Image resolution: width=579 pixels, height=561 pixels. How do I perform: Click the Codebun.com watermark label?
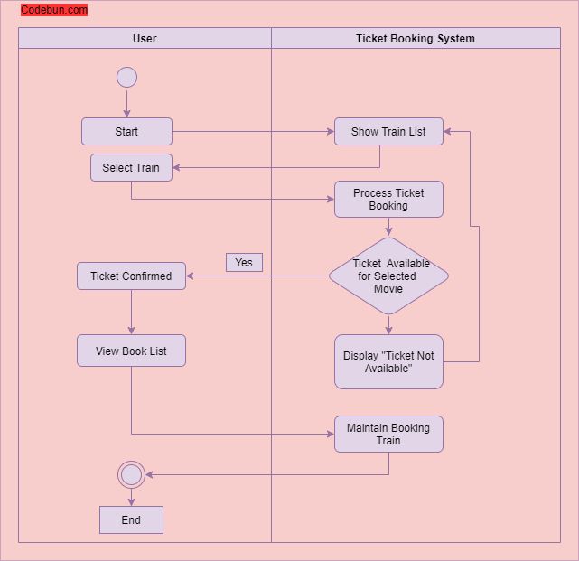point(54,10)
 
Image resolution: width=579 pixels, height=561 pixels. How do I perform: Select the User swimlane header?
point(145,38)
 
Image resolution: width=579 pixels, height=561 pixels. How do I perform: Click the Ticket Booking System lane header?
point(416,38)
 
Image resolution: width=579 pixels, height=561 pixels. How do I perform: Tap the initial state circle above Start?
point(126,77)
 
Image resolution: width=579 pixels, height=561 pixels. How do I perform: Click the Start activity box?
point(126,132)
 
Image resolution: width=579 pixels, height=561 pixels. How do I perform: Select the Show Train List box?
point(388,132)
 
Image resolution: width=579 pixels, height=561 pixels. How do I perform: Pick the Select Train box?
point(131,168)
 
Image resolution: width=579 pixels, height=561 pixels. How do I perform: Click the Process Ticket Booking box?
point(388,200)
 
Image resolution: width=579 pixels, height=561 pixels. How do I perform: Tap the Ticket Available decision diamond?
point(388,276)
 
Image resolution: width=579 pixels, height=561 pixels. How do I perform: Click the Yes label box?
point(244,262)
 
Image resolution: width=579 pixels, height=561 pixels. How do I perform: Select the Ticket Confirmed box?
point(131,276)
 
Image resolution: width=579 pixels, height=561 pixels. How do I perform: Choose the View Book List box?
point(131,351)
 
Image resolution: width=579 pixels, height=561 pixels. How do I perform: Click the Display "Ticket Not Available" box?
point(388,362)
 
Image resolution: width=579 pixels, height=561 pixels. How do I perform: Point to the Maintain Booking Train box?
point(388,435)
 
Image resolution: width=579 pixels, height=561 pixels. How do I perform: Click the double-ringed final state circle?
point(131,474)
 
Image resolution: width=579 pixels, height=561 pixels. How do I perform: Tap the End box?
point(131,519)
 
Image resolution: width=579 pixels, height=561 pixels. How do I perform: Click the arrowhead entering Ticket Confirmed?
point(191,276)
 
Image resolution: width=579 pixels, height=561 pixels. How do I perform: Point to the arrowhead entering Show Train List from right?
point(448,132)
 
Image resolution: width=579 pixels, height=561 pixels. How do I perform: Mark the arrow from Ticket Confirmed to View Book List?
point(131,313)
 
